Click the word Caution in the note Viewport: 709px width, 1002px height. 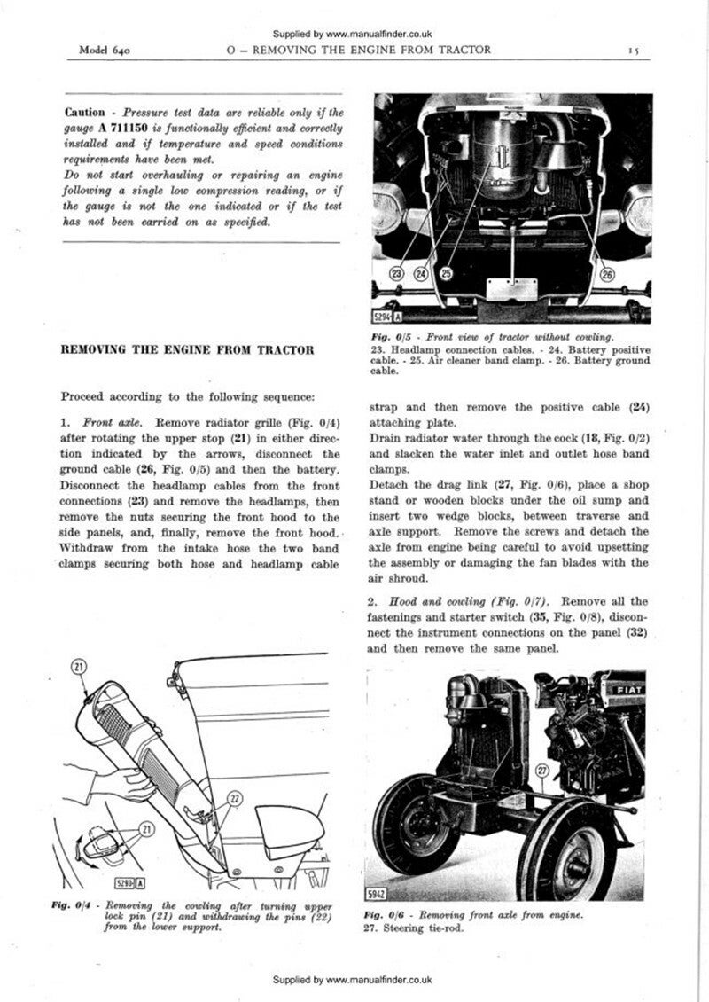(x=84, y=113)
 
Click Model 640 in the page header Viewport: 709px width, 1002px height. (x=105, y=51)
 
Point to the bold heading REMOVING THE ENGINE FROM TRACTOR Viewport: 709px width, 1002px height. (x=187, y=350)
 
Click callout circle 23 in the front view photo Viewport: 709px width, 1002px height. (x=398, y=275)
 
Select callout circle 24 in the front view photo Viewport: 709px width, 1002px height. (x=423, y=275)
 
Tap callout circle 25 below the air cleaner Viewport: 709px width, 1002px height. (x=448, y=275)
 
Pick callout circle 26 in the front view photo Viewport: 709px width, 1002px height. (x=607, y=275)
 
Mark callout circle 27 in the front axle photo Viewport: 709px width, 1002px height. (x=543, y=771)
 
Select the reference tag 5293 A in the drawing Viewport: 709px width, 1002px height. (x=130, y=882)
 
